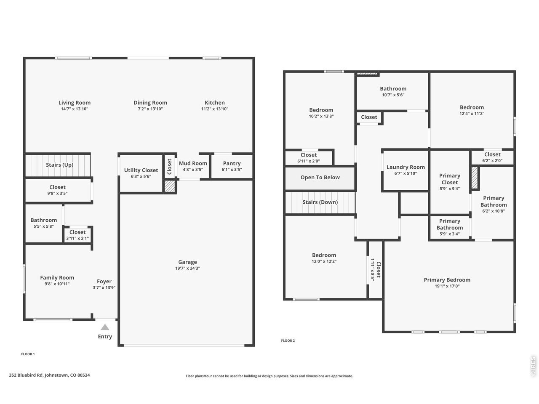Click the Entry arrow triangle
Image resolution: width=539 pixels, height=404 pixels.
pyautogui.click(x=105, y=327)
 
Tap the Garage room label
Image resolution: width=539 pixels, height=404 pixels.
pyautogui.click(x=187, y=262)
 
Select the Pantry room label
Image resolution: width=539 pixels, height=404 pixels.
pyautogui.click(x=232, y=163)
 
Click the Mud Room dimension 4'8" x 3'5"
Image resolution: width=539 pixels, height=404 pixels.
pyautogui.click(x=193, y=170)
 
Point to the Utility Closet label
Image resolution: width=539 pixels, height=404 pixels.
pyautogui.click(x=141, y=170)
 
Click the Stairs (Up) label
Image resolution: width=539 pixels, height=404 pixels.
pyautogui.click(x=60, y=165)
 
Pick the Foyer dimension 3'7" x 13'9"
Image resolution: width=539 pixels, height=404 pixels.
pyautogui.click(x=104, y=287)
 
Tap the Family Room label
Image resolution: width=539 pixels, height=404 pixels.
pyautogui.click(x=57, y=278)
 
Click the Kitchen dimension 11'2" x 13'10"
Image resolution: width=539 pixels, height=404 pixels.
pyautogui.click(x=215, y=109)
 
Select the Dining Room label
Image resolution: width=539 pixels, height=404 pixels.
pyautogui.click(x=150, y=103)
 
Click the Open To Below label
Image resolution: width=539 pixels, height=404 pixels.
pyautogui.click(x=320, y=177)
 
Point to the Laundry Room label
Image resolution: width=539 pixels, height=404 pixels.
pyautogui.click(x=406, y=167)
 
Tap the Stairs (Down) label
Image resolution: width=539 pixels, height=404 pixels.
pyautogui.click(x=320, y=202)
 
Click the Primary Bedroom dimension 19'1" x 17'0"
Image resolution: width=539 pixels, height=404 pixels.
pyautogui.click(x=447, y=286)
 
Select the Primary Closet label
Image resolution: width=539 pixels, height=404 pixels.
pyautogui.click(x=450, y=179)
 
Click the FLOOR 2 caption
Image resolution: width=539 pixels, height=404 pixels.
pyautogui.click(x=288, y=340)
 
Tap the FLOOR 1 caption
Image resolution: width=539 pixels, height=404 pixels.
pyautogui.click(x=28, y=354)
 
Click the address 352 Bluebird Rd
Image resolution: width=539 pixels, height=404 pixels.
pyautogui.click(x=26, y=375)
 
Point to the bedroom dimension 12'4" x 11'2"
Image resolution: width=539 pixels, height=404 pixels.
pyautogui.click(x=472, y=114)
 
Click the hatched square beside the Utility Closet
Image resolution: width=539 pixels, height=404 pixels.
pyautogui.click(x=169, y=186)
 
